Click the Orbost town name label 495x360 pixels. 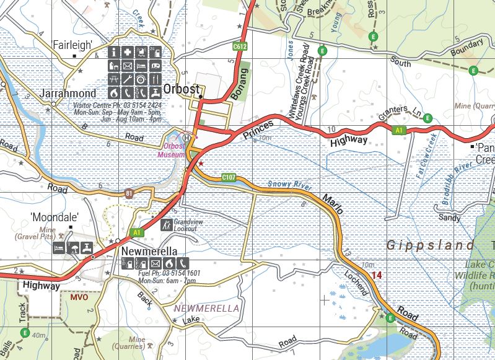click(x=183, y=89)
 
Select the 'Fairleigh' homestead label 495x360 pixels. click(x=72, y=45)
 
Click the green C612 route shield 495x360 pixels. click(x=240, y=46)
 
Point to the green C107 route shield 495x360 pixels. click(x=229, y=178)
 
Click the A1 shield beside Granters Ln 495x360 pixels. click(x=399, y=130)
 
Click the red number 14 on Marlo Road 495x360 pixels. click(x=377, y=274)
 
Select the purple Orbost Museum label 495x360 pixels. click(x=172, y=151)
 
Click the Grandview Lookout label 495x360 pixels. click(x=185, y=225)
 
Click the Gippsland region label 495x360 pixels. click(x=431, y=246)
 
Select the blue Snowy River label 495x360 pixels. click(x=288, y=184)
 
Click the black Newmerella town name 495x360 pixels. click(x=150, y=252)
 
